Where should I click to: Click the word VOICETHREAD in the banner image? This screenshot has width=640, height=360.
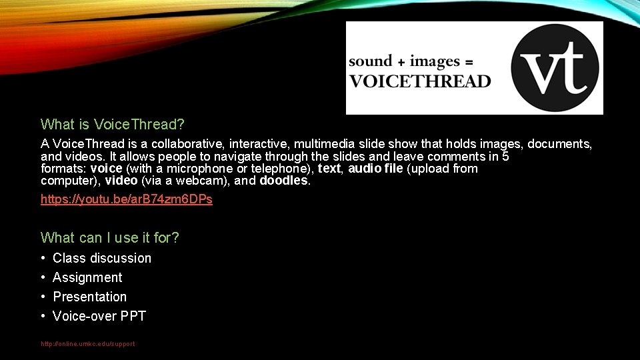(420, 82)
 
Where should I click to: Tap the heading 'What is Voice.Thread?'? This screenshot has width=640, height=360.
(113, 124)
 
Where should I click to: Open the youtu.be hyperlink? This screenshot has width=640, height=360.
(127, 199)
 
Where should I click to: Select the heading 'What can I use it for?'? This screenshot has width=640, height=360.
(110, 237)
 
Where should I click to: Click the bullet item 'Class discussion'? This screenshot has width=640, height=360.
(102, 258)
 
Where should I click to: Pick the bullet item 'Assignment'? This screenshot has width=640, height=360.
(87, 277)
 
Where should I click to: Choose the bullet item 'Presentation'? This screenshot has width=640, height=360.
(89, 297)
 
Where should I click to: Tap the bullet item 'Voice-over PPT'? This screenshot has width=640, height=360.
(99, 316)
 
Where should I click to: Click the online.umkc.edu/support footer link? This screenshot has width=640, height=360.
(87, 344)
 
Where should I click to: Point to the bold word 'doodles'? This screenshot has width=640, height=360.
(284, 181)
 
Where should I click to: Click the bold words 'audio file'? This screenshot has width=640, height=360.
(375, 169)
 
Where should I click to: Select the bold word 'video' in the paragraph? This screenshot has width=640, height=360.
(121, 181)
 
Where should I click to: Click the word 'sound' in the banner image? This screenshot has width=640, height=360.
(371, 61)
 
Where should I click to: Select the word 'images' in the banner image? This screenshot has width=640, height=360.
(435, 61)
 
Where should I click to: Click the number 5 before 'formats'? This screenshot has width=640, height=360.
(505, 157)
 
